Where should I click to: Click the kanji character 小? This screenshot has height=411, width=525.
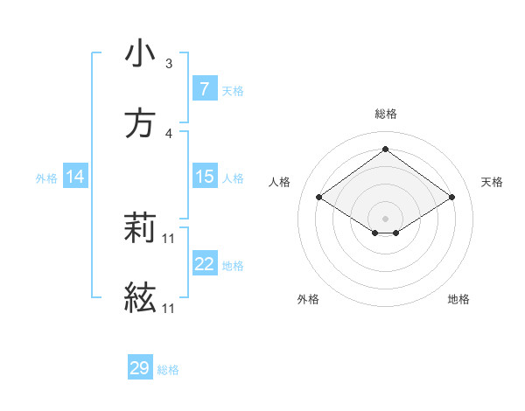click(x=140, y=54)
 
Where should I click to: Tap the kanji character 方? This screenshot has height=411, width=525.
click(x=140, y=124)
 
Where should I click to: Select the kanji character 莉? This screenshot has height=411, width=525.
click(x=140, y=229)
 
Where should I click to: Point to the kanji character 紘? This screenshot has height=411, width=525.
click(x=140, y=299)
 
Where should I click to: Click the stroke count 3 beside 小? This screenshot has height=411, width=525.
click(x=169, y=64)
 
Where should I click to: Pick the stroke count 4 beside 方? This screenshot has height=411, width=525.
click(x=169, y=134)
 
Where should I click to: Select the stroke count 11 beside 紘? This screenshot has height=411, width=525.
click(x=169, y=309)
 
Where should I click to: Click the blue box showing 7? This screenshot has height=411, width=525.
click(x=204, y=89)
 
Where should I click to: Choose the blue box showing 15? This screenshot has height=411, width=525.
click(x=204, y=177)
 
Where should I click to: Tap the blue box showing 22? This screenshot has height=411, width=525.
click(x=204, y=264)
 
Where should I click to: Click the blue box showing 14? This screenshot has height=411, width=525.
click(x=75, y=177)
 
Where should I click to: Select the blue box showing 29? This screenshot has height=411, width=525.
click(x=140, y=368)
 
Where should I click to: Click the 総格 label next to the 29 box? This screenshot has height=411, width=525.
click(x=169, y=370)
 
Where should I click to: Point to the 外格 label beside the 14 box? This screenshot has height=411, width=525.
click(x=46, y=178)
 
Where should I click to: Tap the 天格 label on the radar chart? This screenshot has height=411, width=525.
click(x=492, y=182)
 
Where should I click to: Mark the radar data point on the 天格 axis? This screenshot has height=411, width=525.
click(x=451, y=198)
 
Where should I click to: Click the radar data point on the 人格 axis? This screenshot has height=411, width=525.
click(x=319, y=198)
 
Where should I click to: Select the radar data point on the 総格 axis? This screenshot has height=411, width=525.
click(x=385, y=149)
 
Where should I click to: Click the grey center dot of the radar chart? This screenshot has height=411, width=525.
click(x=385, y=218)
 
